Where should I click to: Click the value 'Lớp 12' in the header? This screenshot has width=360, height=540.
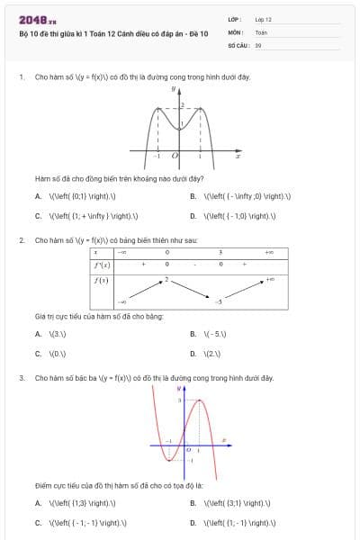pyautogui.click(x=263, y=18)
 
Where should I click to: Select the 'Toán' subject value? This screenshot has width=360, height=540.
pyautogui.click(x=261, y=31)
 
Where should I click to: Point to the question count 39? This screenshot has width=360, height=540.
pyautogui.click(x=258, y=43)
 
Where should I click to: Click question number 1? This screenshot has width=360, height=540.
pyautogui.click(x=22, y=77)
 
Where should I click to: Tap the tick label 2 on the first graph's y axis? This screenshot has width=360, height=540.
pyautogui.click(x=181, y=105)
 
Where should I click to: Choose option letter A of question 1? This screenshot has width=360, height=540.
pyautogui.click(x=38, y=196)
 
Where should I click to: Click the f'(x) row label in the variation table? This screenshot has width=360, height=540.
pyautogui.click(x=102, y=265)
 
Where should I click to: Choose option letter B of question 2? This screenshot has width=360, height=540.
pyautogui.click(x=193, y=334)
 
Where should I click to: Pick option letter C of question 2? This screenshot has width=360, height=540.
pyautogui.click(x=38, y=354)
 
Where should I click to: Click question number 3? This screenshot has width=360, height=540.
pyautogui.click(x=22, y=378)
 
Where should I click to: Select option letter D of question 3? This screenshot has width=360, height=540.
pyautogui.click(x=193, y=523)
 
